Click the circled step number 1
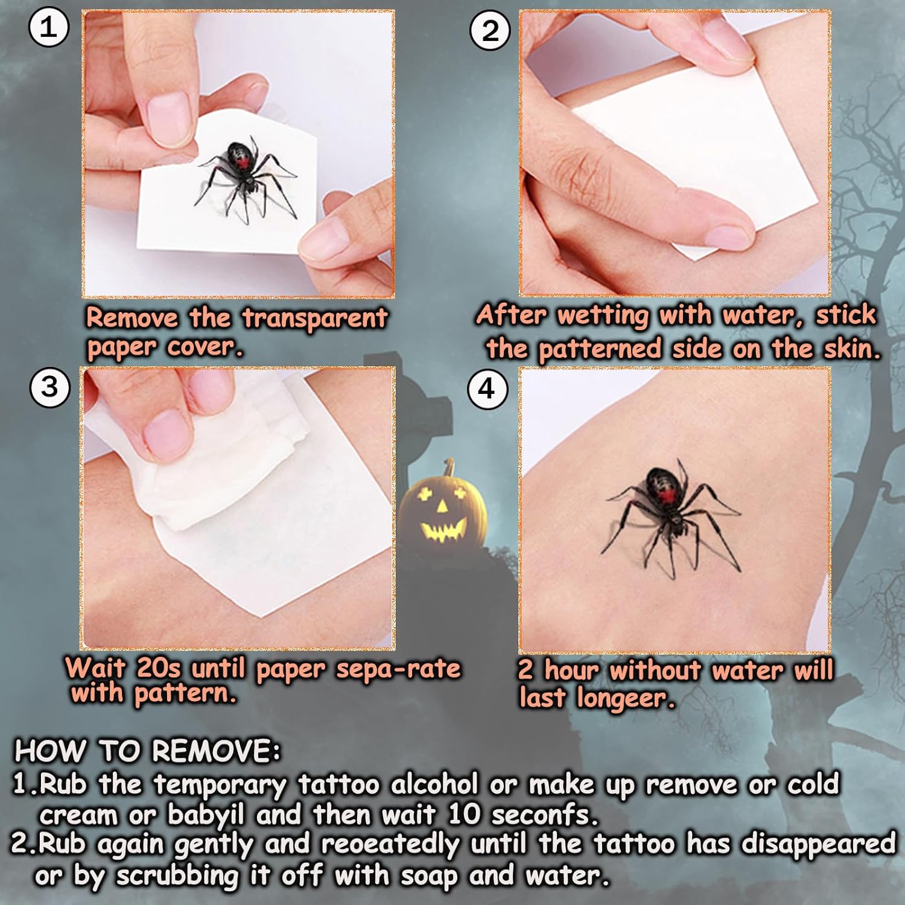49,28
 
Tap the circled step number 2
490,31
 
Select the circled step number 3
49,387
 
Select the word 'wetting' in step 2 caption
603,316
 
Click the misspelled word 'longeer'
625,699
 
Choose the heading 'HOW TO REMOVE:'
148,751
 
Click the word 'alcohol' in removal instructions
434,784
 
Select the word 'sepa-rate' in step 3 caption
398,669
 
